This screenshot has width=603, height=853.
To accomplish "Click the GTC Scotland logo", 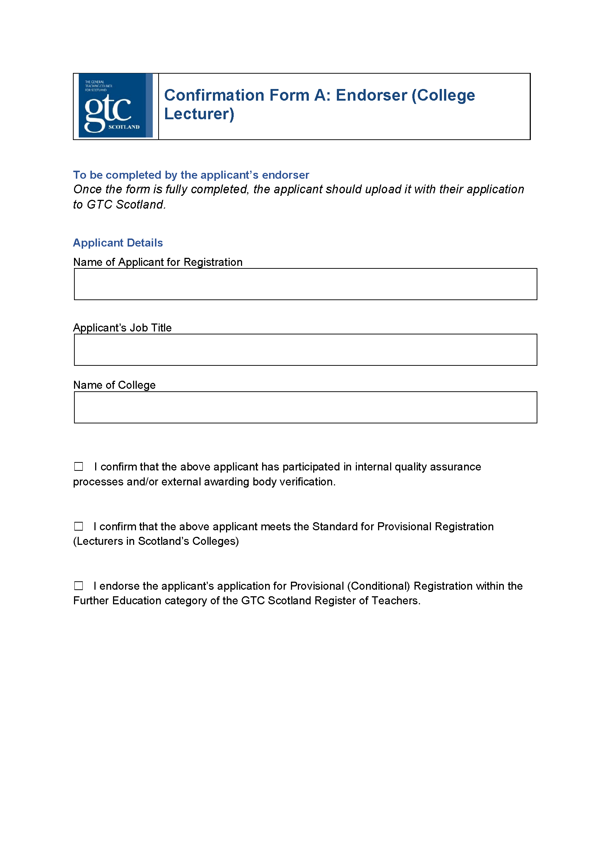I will point(115,105).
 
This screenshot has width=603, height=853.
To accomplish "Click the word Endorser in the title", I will point(371,96).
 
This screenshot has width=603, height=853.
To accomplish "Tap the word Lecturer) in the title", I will point(199,114).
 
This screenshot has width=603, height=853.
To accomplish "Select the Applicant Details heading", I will point(118,243).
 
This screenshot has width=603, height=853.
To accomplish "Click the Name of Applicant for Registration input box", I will point(305,284).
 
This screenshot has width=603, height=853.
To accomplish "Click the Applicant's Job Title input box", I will point(305,350).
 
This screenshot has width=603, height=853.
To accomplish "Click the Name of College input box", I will point(305,407).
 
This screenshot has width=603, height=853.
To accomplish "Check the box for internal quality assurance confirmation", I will point(78,466).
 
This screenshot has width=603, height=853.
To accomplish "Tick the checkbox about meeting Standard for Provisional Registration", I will point(78,526).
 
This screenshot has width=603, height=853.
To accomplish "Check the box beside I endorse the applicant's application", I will point(78,586).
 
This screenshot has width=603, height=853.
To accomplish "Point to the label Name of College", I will point(114,385).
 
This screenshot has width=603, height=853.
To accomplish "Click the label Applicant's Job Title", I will point(122,328).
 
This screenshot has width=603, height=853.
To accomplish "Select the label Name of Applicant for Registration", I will point(158,262).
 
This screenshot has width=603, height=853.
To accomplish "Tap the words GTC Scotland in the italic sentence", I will point(125,205).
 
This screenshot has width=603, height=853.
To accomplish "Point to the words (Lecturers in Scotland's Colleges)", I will point(156,541).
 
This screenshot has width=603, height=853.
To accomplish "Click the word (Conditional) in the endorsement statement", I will point(378,586).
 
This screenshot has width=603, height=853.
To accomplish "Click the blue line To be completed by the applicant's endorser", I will point(191,175).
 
